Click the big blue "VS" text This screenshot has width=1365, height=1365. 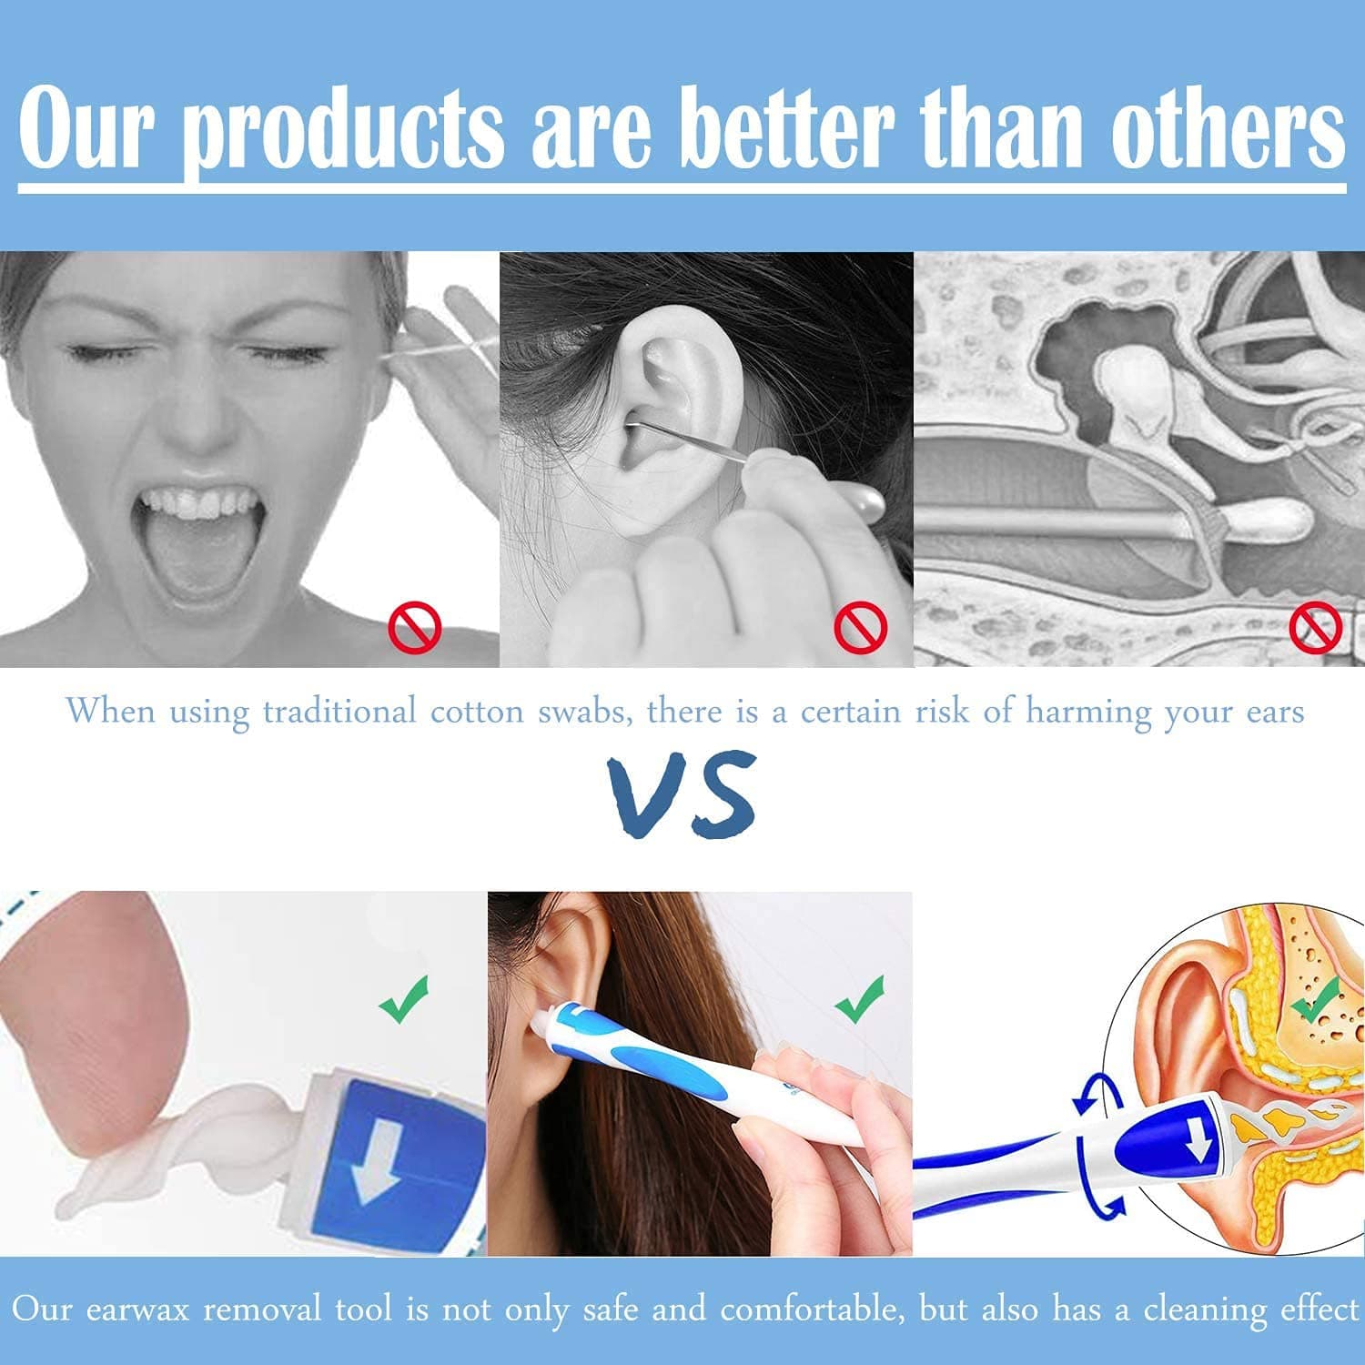click(682, 794)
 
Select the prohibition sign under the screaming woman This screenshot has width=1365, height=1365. click(415, 627)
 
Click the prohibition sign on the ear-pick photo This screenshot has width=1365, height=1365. click(860, 627)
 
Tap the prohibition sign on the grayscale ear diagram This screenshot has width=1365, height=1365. click(1316, 627)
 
